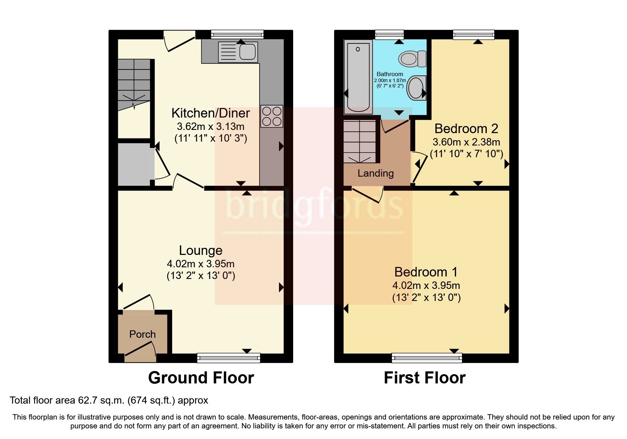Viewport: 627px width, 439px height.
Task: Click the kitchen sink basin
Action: pos(247,52)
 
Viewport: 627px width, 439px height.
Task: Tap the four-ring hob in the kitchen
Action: pos(272,116)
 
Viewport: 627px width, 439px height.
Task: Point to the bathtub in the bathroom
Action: pos(358,76)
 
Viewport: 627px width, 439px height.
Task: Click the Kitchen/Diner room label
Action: pos(211,113)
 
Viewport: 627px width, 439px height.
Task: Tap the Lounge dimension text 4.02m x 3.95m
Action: pos(200,264)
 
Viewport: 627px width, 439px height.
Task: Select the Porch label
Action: pos(142,334)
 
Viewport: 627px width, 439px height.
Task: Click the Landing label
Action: pos(375,173)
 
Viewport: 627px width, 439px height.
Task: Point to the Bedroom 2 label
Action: pos(466,129)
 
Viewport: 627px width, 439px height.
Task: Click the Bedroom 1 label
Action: pos(426,272)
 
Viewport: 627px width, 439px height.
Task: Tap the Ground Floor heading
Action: pos(201,378)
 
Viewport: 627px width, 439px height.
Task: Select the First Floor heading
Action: pos(424,378)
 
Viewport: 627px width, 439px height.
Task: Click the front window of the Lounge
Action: pos(229,358)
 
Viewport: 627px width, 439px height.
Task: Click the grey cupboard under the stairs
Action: pos(134,164)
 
